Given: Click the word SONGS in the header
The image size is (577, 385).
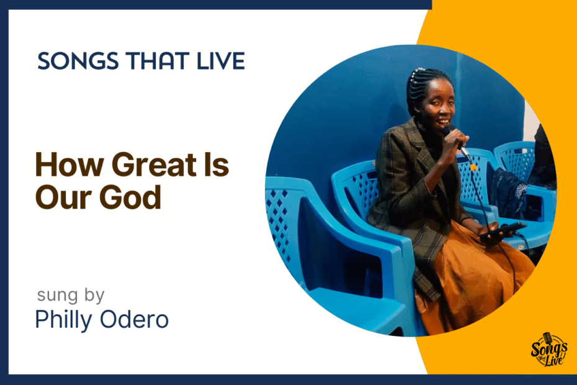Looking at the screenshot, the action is click(78, 61).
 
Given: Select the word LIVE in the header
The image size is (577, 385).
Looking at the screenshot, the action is click(221, 61).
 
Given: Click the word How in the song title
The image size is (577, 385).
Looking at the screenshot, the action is click(69, 165).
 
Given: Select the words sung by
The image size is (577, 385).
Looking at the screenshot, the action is click(71, 296).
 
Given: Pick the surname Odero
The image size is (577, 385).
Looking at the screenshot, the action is click(134, 319).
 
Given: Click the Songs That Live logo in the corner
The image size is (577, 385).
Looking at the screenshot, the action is click(548, 350).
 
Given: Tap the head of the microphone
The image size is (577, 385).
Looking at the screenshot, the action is click(449, 130).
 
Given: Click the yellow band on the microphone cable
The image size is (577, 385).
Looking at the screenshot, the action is click(473, 167).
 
